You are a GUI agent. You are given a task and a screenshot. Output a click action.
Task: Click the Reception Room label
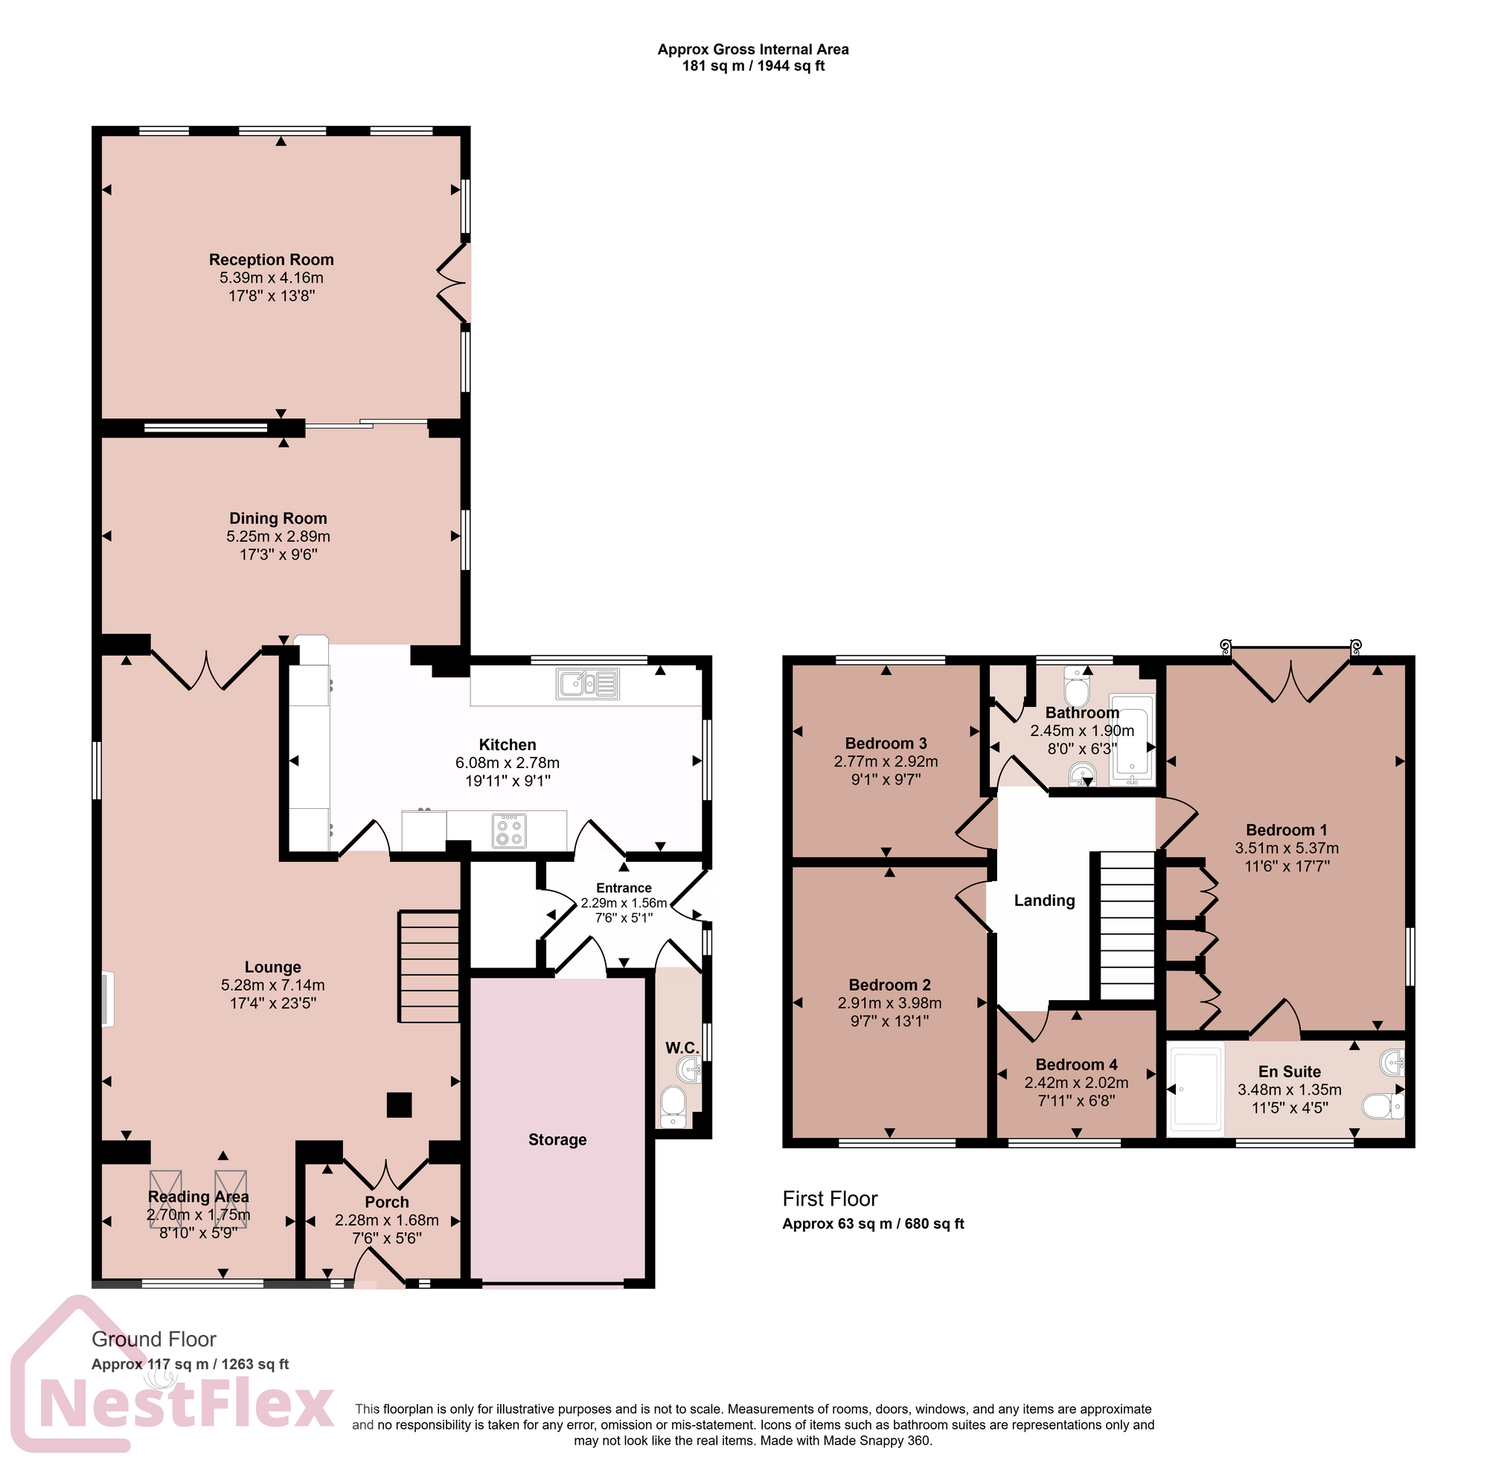(271, 260)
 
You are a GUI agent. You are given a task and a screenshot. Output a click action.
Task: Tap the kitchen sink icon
(586, 684)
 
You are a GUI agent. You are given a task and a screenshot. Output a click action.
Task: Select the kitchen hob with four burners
(509, 831)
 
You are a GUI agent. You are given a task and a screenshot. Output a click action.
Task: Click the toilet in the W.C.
(673, 1106)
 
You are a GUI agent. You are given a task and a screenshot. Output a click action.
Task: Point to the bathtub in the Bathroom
(1131, 739)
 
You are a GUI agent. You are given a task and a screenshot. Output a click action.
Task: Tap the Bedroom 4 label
(1075, 1064)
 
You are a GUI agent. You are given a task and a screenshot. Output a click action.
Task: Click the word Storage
(557, 1139)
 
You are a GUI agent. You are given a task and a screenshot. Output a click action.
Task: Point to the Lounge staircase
(428, 967)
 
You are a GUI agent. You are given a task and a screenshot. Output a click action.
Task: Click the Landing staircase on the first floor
(1127, 925)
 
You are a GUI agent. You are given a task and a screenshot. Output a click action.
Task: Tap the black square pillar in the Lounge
(399, 1105)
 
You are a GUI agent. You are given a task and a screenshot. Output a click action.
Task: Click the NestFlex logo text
(185, 1406)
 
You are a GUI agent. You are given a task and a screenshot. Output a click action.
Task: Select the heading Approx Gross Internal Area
(752, 49)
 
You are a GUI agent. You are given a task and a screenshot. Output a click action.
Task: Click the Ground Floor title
(153, 1339)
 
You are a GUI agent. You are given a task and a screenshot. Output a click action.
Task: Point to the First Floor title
(830, 1198)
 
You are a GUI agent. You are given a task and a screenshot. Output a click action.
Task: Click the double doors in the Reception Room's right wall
(455, 283)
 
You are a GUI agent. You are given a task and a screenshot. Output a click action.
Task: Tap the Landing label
(1043, 900)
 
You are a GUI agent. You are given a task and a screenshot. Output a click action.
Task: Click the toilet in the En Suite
(1382, 1107)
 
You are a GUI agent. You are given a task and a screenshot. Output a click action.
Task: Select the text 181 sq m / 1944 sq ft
(752, 66)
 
